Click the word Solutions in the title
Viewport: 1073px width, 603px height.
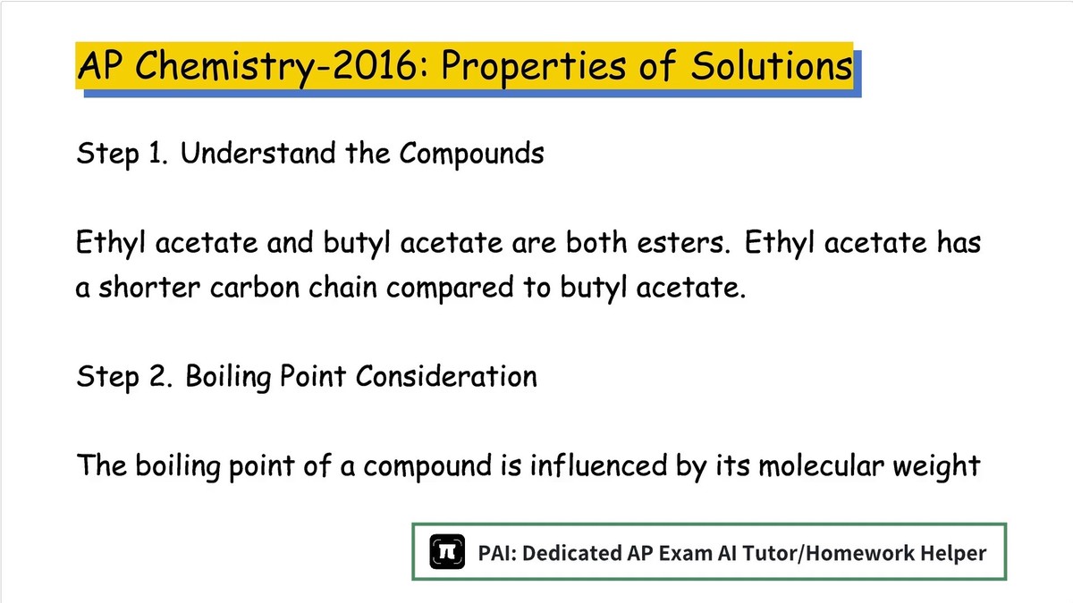(771, 65)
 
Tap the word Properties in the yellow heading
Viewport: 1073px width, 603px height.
(534, 67)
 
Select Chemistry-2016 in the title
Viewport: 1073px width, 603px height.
(275, 67)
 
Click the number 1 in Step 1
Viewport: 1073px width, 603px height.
(156, 153)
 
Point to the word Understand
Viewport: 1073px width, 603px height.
(258, 153)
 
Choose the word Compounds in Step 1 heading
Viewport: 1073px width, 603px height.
(472, 154)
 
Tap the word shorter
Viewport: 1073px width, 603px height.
(149, 287)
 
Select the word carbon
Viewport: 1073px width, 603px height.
(254, 287)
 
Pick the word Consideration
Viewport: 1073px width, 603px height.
(446, 376)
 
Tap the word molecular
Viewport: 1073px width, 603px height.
(821, 465)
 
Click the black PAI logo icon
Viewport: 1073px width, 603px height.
(447, 552)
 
